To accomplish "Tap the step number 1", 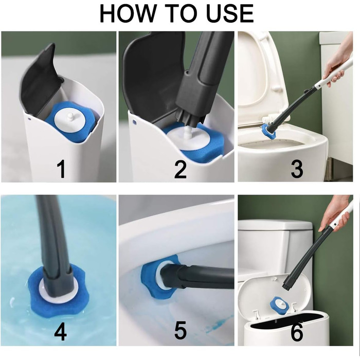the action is coord(61,169).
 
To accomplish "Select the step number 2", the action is coord(181,169).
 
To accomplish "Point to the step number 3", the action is coord(297,169).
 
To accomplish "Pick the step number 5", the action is coord(181,331).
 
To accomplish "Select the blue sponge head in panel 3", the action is coord(268,131).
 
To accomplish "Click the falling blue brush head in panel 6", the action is coord(279,305).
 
